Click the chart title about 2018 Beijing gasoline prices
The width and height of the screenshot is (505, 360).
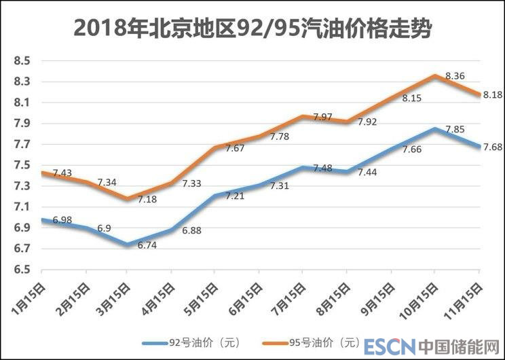[252, 28]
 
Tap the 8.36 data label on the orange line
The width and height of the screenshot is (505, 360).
[454, 76]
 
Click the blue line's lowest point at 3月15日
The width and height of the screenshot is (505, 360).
[127, 245]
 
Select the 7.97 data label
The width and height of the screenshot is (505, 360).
[323, 118]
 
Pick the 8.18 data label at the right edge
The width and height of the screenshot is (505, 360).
[491, 96]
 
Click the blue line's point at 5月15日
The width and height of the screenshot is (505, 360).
[214, 196]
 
